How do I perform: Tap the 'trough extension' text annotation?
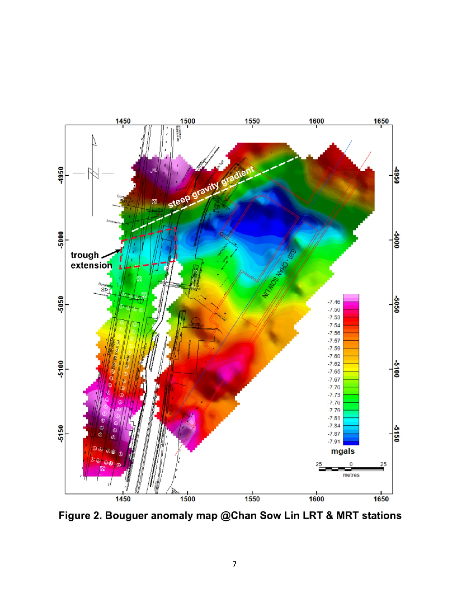91,260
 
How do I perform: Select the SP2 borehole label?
125,201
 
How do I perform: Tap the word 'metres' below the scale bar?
351,475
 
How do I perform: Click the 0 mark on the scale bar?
351,464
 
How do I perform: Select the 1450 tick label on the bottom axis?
123,499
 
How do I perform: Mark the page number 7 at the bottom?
234,564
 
